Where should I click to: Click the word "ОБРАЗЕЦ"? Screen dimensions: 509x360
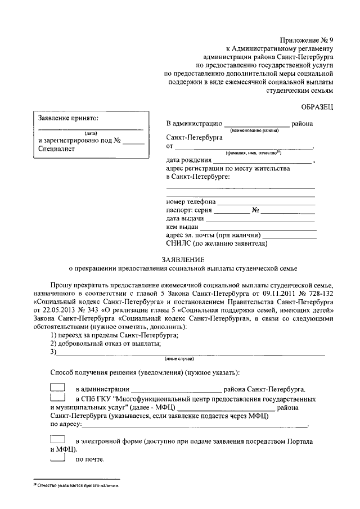click(317, 106)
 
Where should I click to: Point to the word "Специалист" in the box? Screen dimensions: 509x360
click(57, 150)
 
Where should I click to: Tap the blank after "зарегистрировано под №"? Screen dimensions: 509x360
click(133, 142)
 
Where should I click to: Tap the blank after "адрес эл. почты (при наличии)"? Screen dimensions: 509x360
click(289, 236)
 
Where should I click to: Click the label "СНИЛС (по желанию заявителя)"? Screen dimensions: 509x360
click(217, 244)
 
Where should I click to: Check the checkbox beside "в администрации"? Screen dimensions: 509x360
click(58, 388)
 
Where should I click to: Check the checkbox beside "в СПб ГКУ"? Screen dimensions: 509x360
click(58, 398)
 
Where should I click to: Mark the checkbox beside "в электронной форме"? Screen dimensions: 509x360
click(58, 439)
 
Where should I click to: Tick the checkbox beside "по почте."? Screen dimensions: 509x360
click(58, 459)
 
